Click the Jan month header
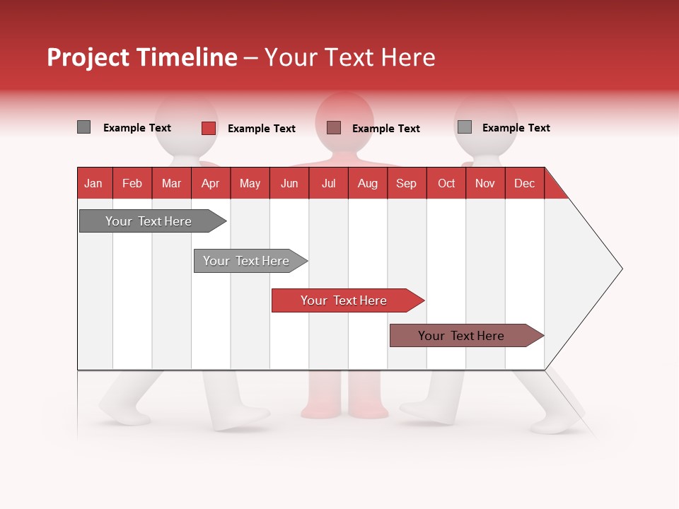94,183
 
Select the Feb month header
132,183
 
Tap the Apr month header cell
211,183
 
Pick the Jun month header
289,183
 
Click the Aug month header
368,183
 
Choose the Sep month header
407,183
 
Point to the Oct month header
446,183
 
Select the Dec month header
525,183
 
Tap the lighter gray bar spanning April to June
248,261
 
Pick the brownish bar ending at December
463,336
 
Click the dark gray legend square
83,127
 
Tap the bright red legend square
208,128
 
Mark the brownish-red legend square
334,127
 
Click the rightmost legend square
464,127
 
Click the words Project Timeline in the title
141,57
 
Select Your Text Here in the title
350,57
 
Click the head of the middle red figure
344,117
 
